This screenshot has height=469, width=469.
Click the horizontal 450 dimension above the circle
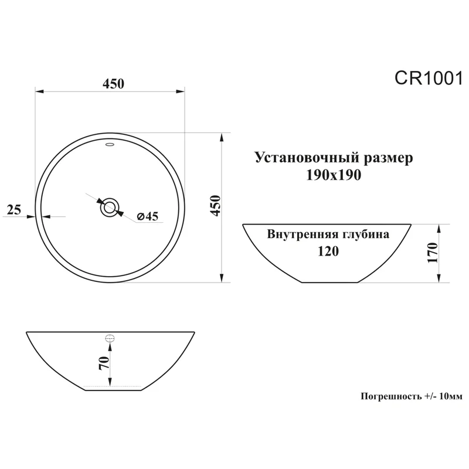pos(113,84)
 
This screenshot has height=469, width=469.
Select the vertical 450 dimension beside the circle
pos(215,206)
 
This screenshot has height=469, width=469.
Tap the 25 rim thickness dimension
pos(15,209)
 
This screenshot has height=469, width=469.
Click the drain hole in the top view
pos(110,207)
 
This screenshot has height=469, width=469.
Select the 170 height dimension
pos(433,253)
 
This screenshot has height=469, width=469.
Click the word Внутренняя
pos(301,235)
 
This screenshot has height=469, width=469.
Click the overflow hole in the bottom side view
pos(110,338)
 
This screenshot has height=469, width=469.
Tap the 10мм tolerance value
pos(450,396)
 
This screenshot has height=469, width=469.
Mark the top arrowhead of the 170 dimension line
pos(440,227)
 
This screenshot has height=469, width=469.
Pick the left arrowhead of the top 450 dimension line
pos(39,91)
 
